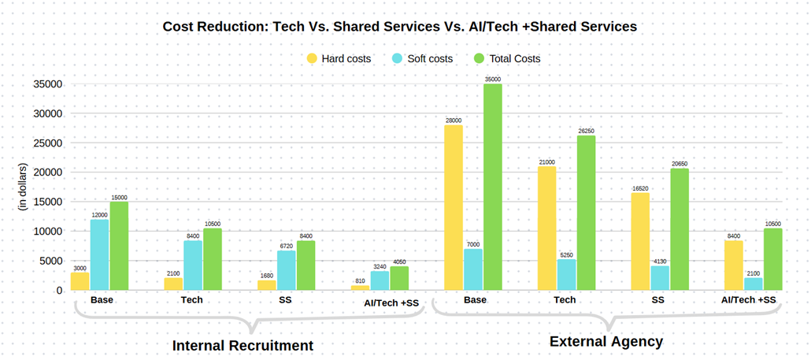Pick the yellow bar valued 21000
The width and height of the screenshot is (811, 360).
click(547, 228)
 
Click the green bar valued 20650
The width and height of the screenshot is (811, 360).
click(680, 229)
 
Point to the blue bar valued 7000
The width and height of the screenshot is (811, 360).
click(473, 269)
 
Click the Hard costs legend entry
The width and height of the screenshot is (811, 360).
click(339, 58)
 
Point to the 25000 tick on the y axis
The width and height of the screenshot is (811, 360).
click(48, 143)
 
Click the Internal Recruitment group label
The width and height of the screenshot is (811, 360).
click(243, 345)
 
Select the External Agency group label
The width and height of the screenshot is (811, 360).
click(606, 341)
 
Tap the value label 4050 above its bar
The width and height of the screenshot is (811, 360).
click(399, 262)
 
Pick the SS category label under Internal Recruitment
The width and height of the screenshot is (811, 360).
click(286, 300)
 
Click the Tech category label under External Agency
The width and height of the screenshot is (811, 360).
click(565, 300)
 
